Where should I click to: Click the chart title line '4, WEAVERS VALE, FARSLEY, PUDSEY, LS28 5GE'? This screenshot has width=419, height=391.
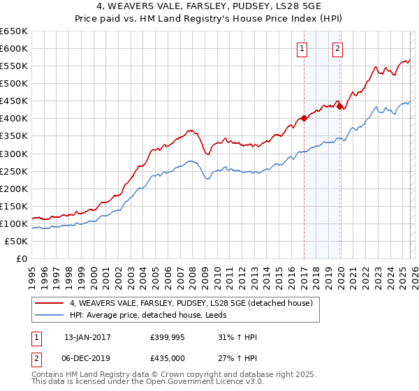coord(209,7)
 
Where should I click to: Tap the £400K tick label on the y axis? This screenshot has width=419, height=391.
coord(14,118)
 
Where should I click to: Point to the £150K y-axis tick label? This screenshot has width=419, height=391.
coord(14,206)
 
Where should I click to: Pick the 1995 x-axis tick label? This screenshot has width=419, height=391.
coord(32,273)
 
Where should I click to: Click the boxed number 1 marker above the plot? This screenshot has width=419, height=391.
coord(302,48)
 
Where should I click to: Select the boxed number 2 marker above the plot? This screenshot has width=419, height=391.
coord(337,48)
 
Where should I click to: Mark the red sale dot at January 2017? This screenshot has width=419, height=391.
coord(304,118)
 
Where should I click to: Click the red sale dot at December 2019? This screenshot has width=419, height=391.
coord(340,106)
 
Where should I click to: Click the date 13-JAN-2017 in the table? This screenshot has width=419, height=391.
coord(88,337)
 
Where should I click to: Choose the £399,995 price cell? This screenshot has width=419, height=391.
coord(170,337)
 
